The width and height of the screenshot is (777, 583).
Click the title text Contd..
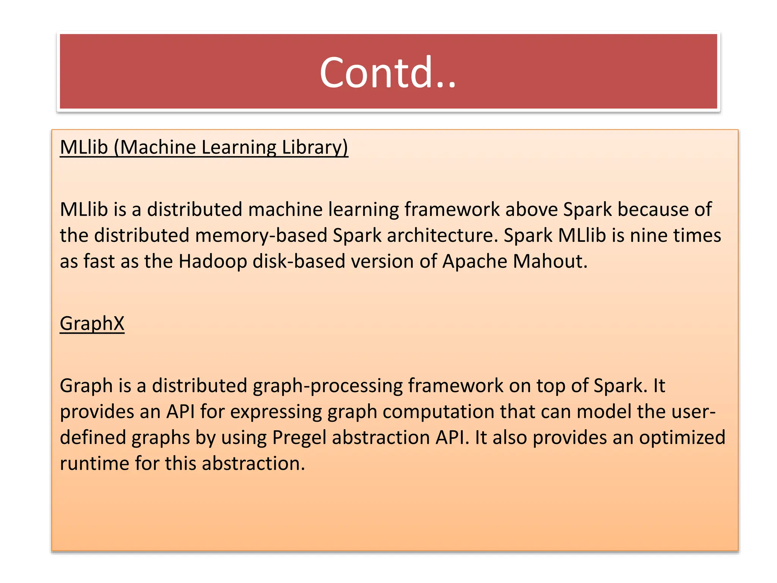click(x=387, y=72)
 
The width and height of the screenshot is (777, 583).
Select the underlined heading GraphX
click(x=92, y=323)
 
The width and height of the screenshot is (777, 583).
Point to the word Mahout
click(x=550, y=262)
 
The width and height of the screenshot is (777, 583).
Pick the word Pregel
click(x=299, y=438)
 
